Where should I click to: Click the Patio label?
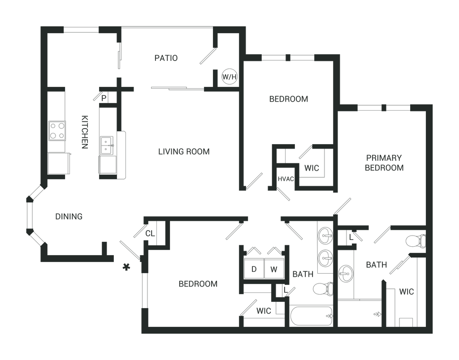coord(166,58)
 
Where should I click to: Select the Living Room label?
coord(184,152)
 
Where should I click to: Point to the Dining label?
coord(69,217)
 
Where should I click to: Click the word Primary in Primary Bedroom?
coord(385,158)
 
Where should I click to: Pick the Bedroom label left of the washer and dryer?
coord(198,283)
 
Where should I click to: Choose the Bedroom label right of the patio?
coord(288,99)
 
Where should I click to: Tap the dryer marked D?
coord(254,270)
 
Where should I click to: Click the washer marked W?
coord(273,270)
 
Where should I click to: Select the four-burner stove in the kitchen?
coord(58,130)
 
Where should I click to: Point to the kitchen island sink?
coord(107,146)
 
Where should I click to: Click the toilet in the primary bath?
coord(415,241)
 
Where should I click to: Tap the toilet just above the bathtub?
coord(321,289)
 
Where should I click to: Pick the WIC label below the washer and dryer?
coord(264,311)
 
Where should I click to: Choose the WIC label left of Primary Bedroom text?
coord(311,168)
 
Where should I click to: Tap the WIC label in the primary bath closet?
coord(407,292)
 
